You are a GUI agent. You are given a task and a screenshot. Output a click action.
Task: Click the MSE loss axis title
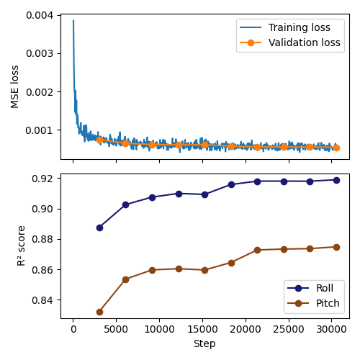pos(15,86)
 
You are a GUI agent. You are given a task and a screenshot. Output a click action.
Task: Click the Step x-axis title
pos(204,343)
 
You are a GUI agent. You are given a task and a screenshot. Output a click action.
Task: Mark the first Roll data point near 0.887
pos(99,228)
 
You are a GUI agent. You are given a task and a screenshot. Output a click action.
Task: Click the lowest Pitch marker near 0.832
pos(99,312)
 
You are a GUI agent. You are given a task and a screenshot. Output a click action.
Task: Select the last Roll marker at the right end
pos(336,180)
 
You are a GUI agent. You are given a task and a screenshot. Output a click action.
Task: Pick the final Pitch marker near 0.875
pos(336,247)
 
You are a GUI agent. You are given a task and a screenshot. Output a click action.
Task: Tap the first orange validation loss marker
pos(99,140)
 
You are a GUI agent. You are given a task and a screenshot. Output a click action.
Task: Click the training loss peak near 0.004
pos(73,21)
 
